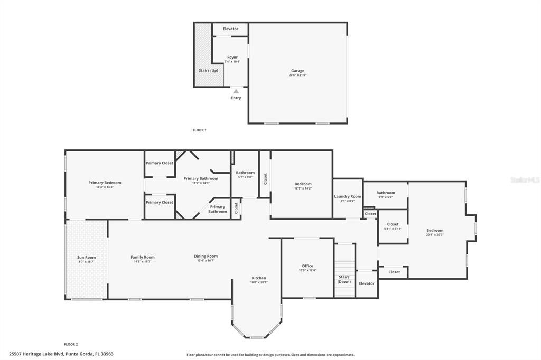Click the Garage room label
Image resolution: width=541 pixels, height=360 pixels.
pos(297,71)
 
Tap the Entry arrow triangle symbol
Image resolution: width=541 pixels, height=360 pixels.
pos(236,91)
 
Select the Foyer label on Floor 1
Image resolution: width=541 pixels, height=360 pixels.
pos(232,57)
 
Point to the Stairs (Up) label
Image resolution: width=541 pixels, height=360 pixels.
pos(208,70)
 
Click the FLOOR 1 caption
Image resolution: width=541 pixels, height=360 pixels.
pos(199,130)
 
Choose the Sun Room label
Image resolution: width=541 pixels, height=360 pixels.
pos(86,257)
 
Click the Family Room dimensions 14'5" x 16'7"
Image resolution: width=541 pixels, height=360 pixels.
pos(143,261)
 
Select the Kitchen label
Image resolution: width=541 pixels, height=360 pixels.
pos(258,278)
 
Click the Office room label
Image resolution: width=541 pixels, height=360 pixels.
pos(307,266)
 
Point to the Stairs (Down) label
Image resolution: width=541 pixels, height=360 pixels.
pos(344,279)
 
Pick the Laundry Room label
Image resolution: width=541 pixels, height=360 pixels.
pos(348,196)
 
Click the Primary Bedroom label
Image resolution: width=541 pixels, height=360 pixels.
pos(105,182)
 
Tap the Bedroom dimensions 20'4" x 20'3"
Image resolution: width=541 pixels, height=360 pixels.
pos(435,234)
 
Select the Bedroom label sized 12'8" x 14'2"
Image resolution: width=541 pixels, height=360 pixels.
pos(303,184)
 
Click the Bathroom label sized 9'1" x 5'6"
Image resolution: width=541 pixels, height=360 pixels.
pos(386,193)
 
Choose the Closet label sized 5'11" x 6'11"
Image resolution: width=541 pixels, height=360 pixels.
pos(393,224)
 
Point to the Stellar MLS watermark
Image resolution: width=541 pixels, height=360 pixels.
pos(525,180)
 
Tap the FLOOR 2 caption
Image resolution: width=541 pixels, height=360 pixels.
pos(71,344)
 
